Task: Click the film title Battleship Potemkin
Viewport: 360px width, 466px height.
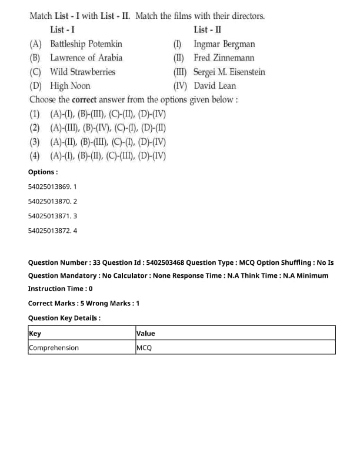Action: (86, 44)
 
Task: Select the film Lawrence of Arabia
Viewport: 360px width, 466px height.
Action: (86, 58)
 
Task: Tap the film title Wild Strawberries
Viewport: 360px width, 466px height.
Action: (82, 72)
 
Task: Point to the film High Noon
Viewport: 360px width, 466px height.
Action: (70, 86)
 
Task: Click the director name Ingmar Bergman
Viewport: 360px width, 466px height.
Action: (224, 44)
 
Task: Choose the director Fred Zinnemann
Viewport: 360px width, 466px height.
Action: (222, 58)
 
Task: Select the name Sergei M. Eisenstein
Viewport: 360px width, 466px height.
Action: (229, 72)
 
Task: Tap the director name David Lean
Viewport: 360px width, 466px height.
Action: (215, 86)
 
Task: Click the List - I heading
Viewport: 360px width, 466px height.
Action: (62, 29)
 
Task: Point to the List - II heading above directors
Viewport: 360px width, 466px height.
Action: (207, 29)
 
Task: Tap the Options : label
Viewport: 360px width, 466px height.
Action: (43, 172)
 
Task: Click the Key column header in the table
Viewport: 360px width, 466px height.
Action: (35, 334)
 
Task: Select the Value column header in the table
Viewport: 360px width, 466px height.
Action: (146, 334)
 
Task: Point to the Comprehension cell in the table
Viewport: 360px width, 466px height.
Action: (54, 348)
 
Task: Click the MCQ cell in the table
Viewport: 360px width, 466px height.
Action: (144, 348)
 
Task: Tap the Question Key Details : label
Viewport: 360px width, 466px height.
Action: (64, 318)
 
